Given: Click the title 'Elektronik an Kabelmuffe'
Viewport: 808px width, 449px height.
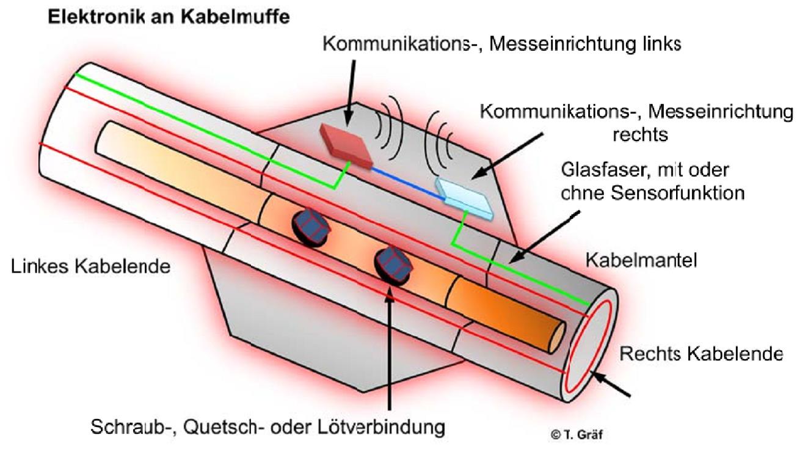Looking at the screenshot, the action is point(169,16).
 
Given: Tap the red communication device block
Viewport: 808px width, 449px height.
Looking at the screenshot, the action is point(346,146).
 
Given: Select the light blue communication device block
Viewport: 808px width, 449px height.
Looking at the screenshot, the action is point(464,198).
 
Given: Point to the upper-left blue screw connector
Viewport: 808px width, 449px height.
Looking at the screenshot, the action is point(311,228).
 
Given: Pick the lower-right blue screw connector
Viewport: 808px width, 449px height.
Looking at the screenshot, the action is point(393,266).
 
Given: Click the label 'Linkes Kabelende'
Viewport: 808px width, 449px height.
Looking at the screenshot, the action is point(90,267).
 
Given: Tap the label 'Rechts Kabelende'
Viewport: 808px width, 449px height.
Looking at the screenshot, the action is point(701,354).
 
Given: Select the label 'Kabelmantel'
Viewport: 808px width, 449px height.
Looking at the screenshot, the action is point(641,260).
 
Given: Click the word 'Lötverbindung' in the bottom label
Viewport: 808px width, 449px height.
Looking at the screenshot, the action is point(381,427).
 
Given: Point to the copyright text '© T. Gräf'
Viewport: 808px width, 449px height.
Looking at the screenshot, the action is point(577,434).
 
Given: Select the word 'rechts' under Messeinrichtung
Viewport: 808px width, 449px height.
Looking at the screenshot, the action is point(640,134).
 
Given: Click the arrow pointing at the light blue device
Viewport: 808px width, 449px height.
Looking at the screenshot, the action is point(507,156).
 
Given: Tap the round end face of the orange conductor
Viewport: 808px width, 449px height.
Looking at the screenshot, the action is point(557,337).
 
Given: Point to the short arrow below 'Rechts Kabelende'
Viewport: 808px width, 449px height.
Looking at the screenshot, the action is point(610,384).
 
